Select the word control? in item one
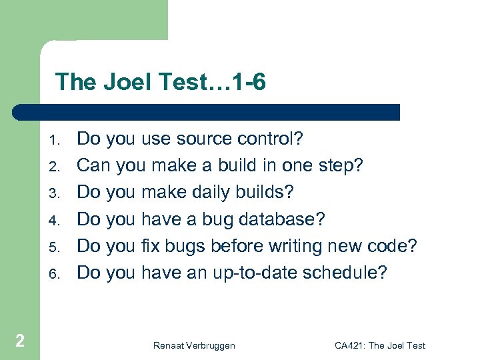click(269, 139)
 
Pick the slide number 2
click(20, 341)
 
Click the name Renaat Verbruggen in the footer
click(193, 345)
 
